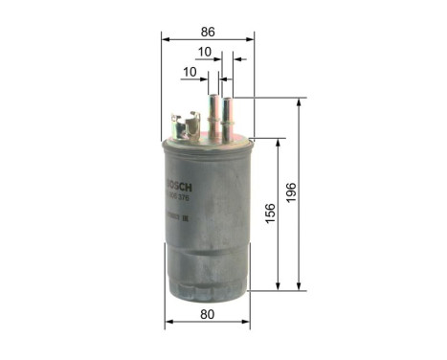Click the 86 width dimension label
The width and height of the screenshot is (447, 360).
click(208, 31)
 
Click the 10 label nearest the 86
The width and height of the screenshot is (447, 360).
click(205, 53)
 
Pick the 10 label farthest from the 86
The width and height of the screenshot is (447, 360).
click(189, 72)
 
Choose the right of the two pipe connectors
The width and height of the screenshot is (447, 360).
click(229, 113)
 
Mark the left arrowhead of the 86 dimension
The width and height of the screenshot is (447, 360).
click(165, 39)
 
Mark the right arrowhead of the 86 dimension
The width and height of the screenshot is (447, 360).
click(251, 39)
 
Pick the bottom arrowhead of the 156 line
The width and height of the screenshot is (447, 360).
click(279, 285)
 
